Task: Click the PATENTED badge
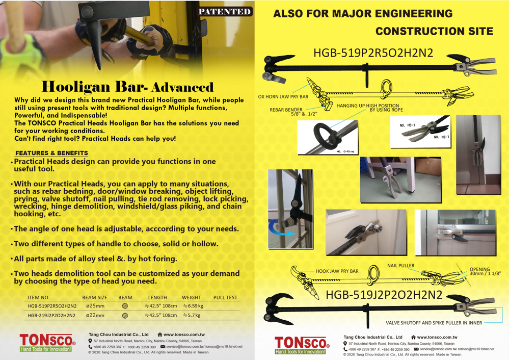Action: pyautogui.click(x=225, y=12)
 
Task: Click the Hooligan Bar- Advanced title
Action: pyautogui.click(x=127, y=87)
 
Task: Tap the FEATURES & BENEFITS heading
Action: pyautogui.click(x=51, y=153)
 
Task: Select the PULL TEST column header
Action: pyautogui.click(x=225, y=297)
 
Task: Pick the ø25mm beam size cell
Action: pyautogui.click(x=95, y=306)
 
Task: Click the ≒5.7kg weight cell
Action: pyautogui.click(x=192, y=315)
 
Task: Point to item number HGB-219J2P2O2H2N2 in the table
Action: pyautogui.click(x=51, y=315)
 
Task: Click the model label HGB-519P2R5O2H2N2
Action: pyautogui.click(x=373, y=53)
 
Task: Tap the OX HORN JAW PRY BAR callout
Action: pyautogui.click(x=283, y=96)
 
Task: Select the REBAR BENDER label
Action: pyautogui.click(x=286, y=110)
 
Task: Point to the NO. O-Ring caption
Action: pyautogui.click(x=345, y=151)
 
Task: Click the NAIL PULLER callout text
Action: pyautogui.click(x=400, y=266)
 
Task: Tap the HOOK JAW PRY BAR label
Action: pyautogui.click(x=337, y=271)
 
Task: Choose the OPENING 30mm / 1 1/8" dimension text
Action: pyautogui.click(x=485, y=271)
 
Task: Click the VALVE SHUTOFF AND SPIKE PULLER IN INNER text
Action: pyautogui.click(x=434, y=323)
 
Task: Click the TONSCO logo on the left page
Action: pyautogui.click(x=47, y=343)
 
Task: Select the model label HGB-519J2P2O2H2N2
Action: pyautogui.click(x=384, y=295)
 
